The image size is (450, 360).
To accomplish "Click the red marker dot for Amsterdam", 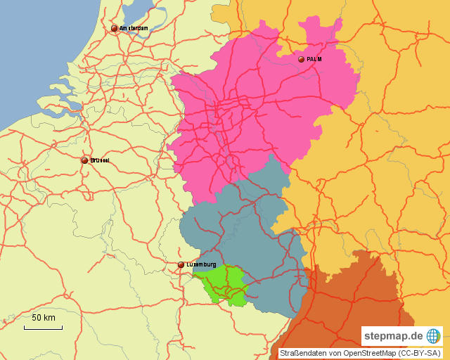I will point(114,29).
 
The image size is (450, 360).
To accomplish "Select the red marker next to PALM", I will point(301,60).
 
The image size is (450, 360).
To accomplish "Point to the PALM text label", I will point(314,60).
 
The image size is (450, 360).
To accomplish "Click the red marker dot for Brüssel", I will point(84,160).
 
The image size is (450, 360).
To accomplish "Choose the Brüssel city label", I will point(100,160).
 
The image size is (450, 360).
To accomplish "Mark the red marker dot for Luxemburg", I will point(181,265).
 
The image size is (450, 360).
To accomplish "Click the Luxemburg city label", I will point(201,264).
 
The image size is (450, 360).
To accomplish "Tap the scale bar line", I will point(42,328).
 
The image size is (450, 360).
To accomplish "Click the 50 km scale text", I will point(44,319).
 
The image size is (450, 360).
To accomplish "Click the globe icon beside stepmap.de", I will point(433,336).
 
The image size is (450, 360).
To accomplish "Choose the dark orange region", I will point(345,302).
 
